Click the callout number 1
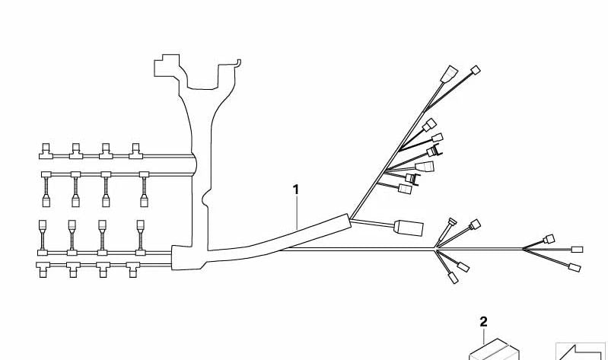[x=296, y=190]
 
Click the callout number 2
[x=483, y=322]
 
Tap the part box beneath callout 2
[x=494, y=349]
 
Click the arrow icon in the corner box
[x=581, y=352]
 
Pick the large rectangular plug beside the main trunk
[x=409, y=228]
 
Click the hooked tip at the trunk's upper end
[x=238, y=62]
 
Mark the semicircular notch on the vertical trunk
[x=205, y=199]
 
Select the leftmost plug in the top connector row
[x=46, y=151]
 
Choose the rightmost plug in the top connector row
[x=135, y=151]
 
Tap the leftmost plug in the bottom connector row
[x=43, y=269]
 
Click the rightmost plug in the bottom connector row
[x=132, y=269]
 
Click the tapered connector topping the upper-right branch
[x=450, y=74]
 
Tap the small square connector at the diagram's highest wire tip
[x=476, y=70]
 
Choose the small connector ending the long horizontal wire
[x=578, y=250]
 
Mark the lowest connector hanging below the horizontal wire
[x=454, y=278]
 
